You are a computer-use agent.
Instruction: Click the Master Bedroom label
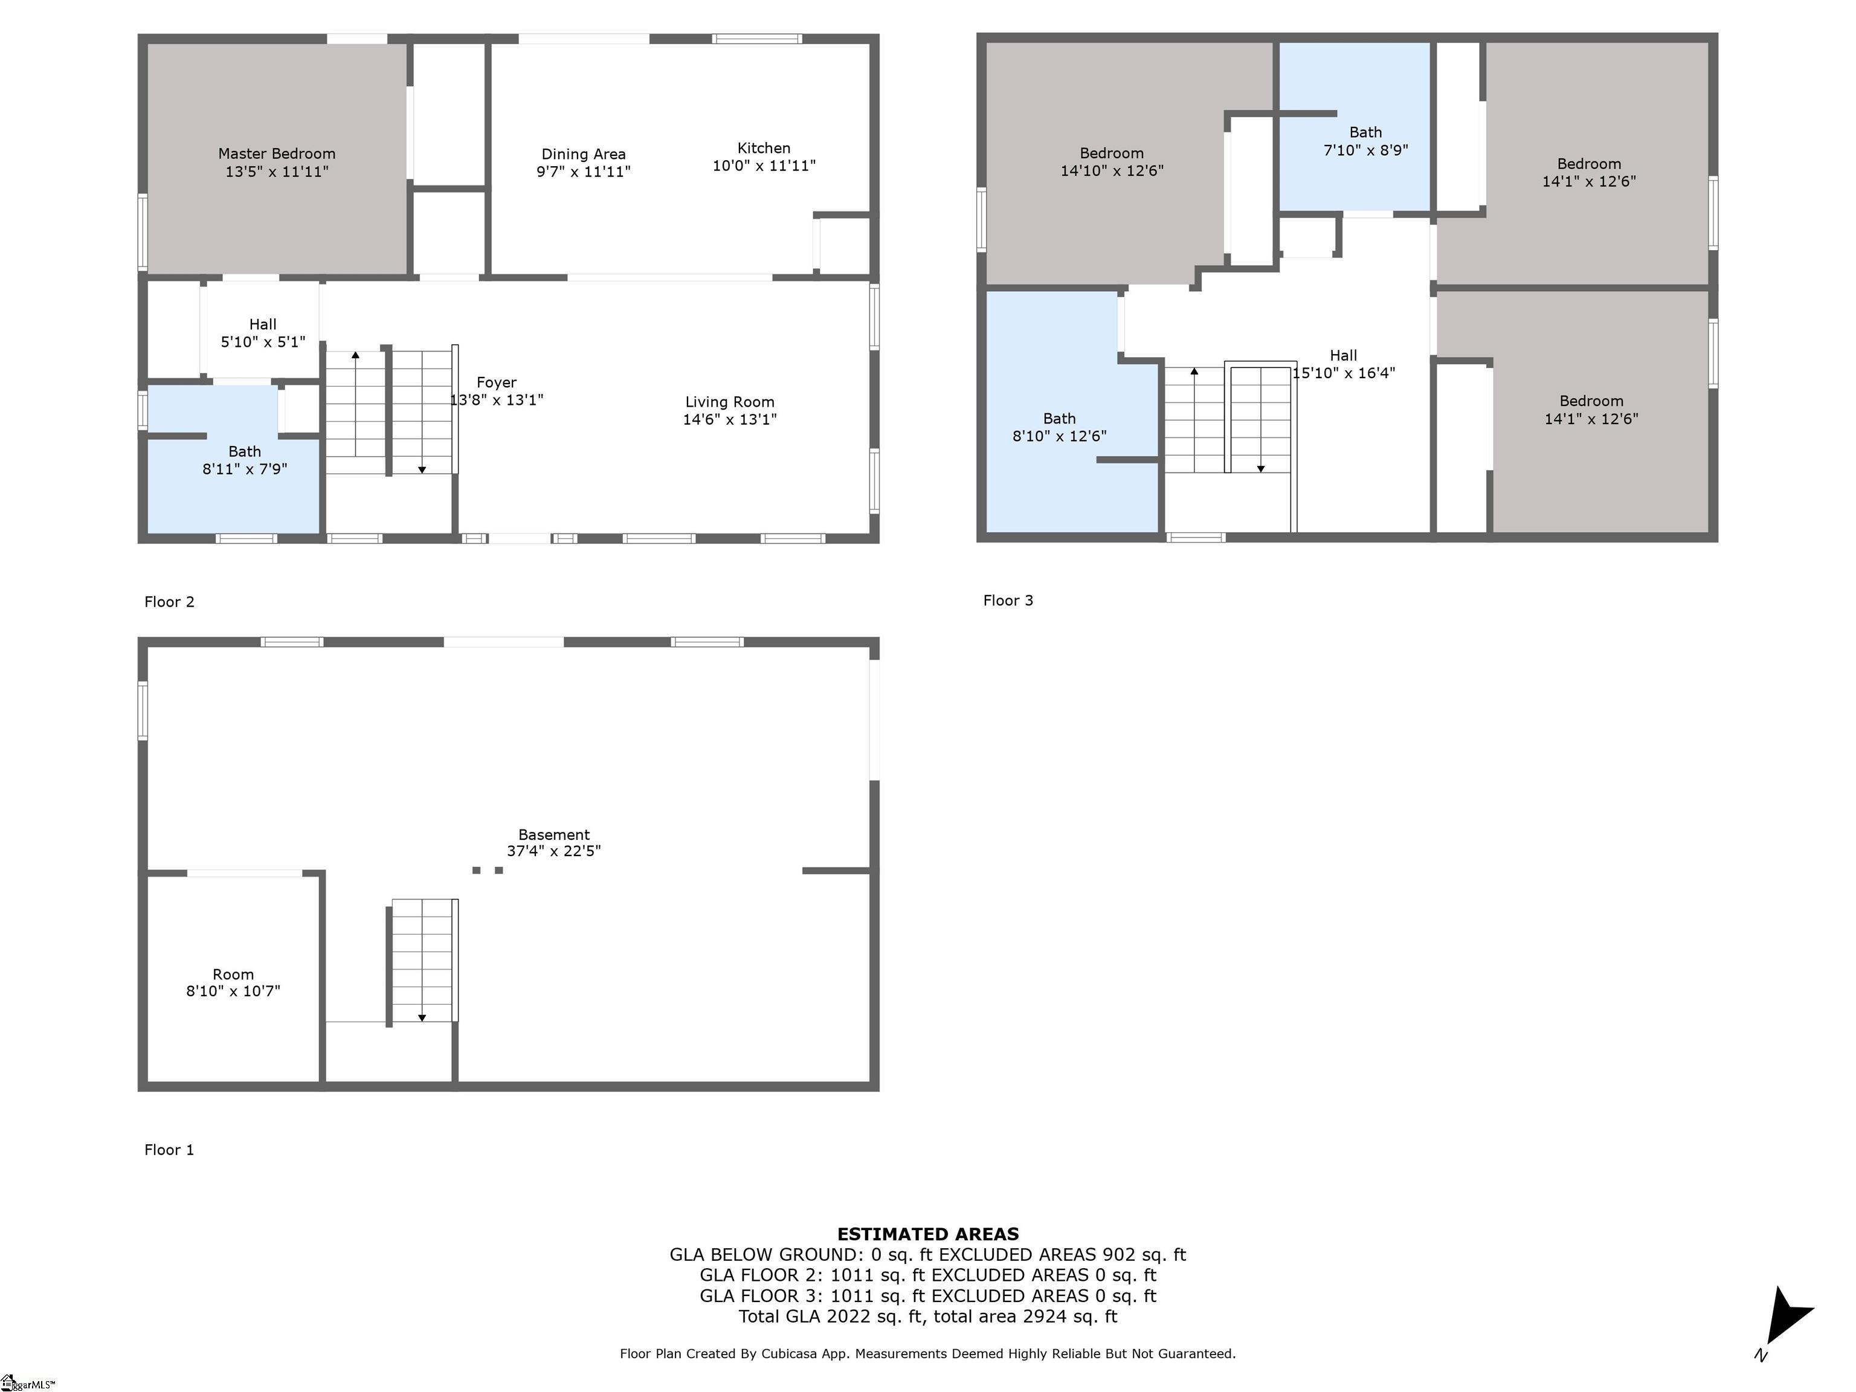[277, 153]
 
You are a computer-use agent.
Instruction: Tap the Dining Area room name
[583, 155]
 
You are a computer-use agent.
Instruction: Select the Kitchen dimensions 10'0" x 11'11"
[764, 166]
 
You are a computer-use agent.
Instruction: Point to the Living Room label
[729, 402]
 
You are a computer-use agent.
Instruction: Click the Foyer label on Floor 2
[496, 382]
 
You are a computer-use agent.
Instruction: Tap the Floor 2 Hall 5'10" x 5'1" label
[263, 333]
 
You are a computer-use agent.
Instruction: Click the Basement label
[554, 835]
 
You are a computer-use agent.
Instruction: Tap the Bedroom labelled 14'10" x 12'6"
[1112, 162]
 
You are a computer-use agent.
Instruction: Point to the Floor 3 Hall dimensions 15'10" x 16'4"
[1343, 373]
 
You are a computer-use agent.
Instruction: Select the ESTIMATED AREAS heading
[928, 1234]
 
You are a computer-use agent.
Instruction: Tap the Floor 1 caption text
[169, 1150]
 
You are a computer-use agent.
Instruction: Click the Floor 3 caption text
[1008, 600]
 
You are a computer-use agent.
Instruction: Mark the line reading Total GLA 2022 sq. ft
[928, 1316]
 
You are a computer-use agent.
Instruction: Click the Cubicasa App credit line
[928, 1353]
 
